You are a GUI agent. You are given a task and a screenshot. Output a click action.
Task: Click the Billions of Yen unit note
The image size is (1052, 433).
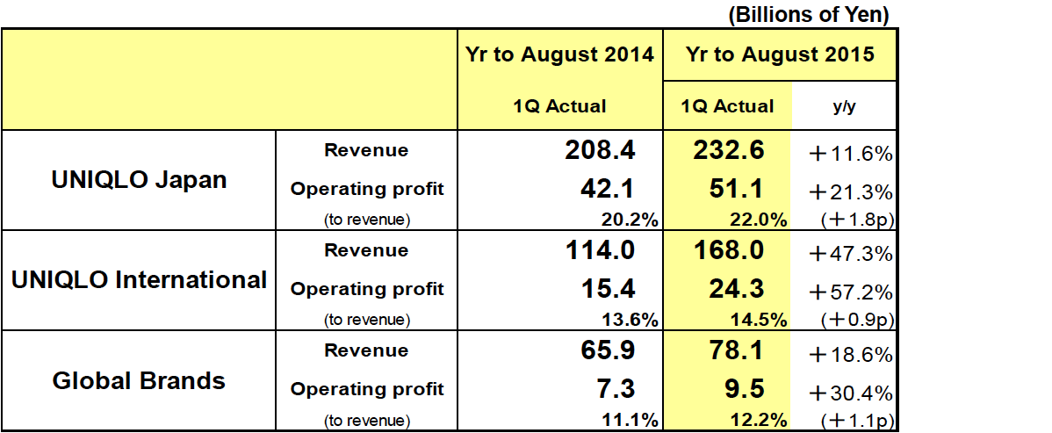tap(808, 14)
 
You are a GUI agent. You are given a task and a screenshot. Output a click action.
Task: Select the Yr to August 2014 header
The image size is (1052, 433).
tap(560, 54)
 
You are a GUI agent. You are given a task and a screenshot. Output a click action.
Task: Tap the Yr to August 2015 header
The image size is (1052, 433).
tap(781, 54)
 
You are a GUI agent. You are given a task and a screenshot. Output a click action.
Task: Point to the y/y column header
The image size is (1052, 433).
tap(844, 106)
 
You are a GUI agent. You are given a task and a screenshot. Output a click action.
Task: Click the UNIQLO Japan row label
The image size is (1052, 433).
tap(140, 180)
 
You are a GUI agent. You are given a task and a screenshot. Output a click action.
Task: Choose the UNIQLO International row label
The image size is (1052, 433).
tap(140, 280)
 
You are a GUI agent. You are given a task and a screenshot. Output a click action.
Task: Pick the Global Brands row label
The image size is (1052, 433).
tap(140, 380)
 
